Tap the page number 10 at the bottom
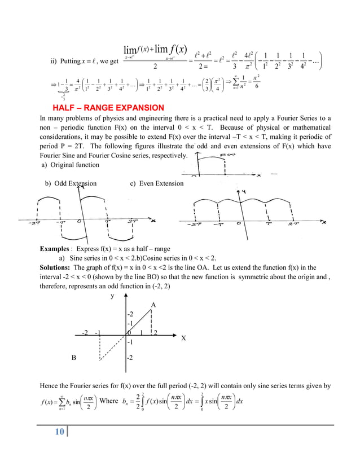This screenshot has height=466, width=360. (x=59, y=432)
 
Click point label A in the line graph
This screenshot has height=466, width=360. (x=153, y=305)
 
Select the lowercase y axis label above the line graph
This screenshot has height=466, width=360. (x=112, y=295)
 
